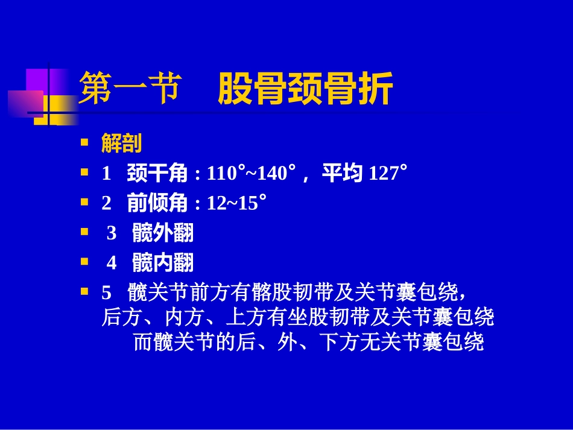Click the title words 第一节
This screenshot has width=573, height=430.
coord(130,89)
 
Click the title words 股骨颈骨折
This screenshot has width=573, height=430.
coord(305,89)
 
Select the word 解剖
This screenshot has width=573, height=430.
coord(121,144)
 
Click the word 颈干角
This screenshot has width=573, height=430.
coord(157,174)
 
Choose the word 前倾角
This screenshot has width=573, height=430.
coord(157,203)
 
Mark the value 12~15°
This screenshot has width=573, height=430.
coord(236,203)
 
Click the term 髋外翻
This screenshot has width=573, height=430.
coord(163,233)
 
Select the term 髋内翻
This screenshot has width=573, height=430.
coord(163,263)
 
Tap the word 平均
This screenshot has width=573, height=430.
coord(341,174)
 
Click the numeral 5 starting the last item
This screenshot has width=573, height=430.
coord(107,292)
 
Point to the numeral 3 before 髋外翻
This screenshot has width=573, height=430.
coord(112,233)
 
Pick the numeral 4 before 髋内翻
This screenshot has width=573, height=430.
coord(112,263)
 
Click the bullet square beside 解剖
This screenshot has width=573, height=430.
coord(85,143)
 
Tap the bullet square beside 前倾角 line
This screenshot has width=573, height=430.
coord(85,203)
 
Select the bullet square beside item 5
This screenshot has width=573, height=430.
coord(85,292)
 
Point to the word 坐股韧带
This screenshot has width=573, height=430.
coord(331,317)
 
